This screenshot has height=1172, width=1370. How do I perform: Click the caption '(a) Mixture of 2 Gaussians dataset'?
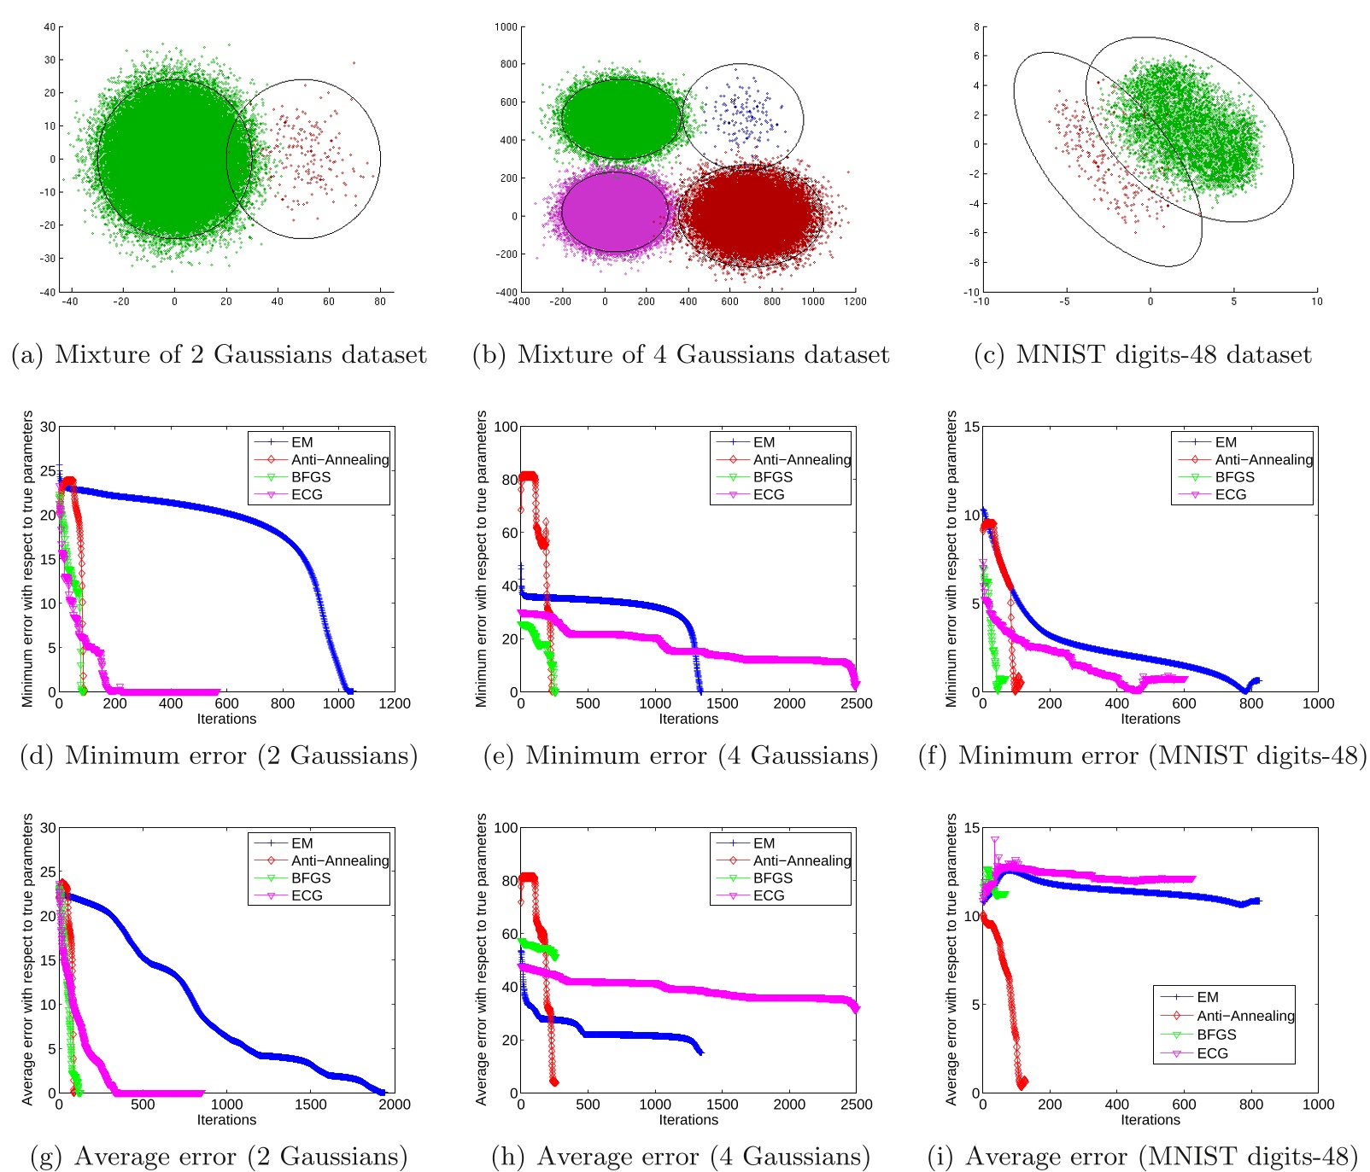[219, 354]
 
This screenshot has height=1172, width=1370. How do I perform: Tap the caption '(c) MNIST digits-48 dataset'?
[1142, 354]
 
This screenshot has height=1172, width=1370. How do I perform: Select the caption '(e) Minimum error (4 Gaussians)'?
[680, 755]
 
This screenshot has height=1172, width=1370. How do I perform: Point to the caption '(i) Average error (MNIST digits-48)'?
[1142, 1157]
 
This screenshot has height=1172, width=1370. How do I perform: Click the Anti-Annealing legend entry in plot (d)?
[339, 459]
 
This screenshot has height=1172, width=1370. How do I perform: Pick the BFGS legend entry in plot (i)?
[1216, 1035]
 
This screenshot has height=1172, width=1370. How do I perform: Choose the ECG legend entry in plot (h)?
[768, 895]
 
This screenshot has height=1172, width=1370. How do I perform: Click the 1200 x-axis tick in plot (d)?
[395, 703]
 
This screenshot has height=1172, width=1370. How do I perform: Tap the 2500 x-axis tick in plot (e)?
[856, 703]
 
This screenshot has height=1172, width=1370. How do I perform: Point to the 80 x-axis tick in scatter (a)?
[380, 301]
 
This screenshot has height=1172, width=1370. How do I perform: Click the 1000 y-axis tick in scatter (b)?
[506, 26]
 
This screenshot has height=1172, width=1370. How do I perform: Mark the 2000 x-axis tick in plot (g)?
[395, 1105]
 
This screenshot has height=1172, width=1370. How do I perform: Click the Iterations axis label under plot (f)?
[1150, 719]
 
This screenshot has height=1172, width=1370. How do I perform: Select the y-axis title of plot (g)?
[27, 959]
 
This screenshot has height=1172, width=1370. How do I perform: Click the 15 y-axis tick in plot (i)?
[971, 827]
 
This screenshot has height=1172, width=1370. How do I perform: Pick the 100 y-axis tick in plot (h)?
[506, 827]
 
